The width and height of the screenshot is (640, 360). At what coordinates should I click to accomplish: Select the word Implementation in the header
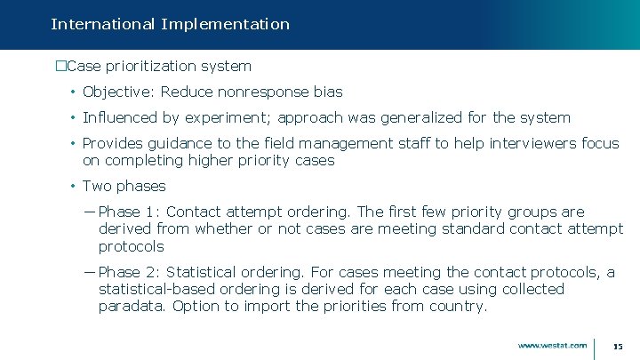tap(225, 25)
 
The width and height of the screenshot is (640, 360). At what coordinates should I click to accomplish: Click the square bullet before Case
tap(60, 66)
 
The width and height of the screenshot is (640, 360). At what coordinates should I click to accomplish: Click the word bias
tap(327, 92)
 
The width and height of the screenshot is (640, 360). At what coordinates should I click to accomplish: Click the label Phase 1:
tap(129, 212)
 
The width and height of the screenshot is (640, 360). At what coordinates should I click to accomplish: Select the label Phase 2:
tap(129, 272)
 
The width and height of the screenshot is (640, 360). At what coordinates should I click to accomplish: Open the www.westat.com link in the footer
tap(552, 345)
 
